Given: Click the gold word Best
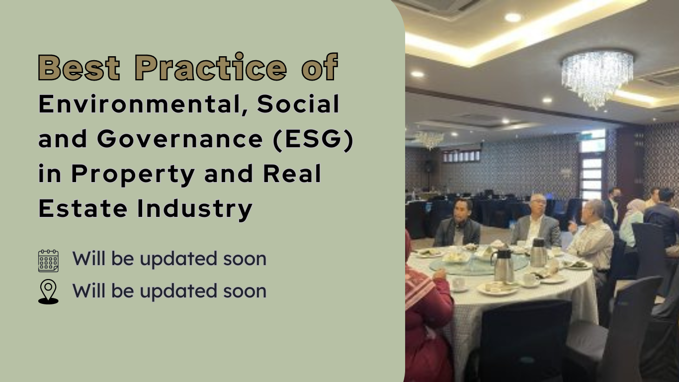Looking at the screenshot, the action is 79,67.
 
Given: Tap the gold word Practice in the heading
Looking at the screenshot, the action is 210,67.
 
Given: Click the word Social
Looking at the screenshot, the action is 298,104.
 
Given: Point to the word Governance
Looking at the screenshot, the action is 180,139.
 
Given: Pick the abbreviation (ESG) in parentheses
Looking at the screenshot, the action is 313,139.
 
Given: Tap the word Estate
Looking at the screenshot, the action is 83,208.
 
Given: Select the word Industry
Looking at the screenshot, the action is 195,209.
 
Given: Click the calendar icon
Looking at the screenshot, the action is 49,261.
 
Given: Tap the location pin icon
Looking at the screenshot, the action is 48,292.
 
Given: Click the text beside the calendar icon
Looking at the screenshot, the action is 169,259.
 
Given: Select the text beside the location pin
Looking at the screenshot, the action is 169,291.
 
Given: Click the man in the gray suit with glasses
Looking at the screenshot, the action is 536,221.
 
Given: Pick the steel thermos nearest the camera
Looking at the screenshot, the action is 504,266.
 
